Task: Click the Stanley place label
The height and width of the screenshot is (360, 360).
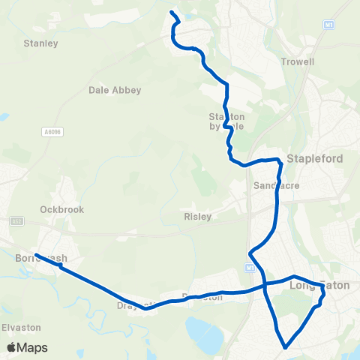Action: [40, 43]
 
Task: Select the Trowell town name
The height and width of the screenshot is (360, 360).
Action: [297, 61]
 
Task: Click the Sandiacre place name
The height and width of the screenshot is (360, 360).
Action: [271, 184]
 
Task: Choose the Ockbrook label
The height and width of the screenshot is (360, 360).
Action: [62, 210]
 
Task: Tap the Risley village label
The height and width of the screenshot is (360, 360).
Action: [197, 217]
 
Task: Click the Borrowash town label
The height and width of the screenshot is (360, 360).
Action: [41, 258]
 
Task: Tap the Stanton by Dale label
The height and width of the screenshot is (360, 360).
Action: [226, 121]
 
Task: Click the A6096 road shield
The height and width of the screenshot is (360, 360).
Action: [51, 132]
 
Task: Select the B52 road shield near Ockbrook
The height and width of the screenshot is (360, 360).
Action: [16, 222]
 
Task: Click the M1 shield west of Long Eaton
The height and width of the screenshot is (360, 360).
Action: [249, 268]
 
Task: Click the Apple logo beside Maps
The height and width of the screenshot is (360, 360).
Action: [11, 347]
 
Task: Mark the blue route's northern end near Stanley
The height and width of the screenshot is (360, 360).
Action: [172, 13]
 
